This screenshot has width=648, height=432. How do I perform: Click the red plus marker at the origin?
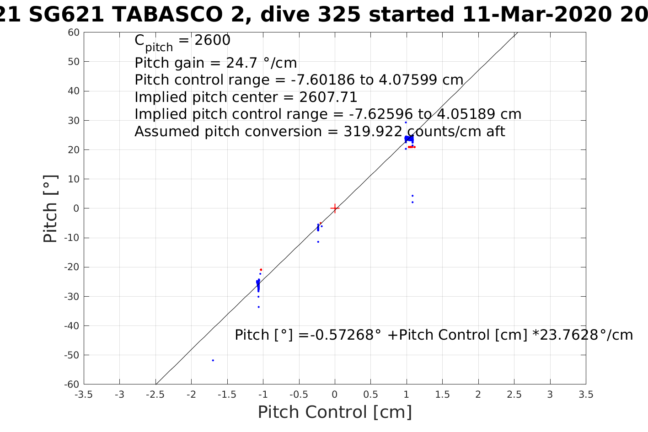tap(335, 208)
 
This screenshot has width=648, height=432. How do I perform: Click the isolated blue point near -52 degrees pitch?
tap(213, 360)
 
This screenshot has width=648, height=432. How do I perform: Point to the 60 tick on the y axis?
tap(84, 32)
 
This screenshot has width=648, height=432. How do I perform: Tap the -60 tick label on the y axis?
tap(71, 384)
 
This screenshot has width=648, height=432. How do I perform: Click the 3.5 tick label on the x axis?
tap(586, 395)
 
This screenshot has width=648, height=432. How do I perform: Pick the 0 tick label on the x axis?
tap(335, 395)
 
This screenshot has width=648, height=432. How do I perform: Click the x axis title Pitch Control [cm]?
tap(335, 412)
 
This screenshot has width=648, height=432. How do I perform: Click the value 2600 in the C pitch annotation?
tap(212, 41)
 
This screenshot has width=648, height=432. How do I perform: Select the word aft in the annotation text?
tap(495, 132)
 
